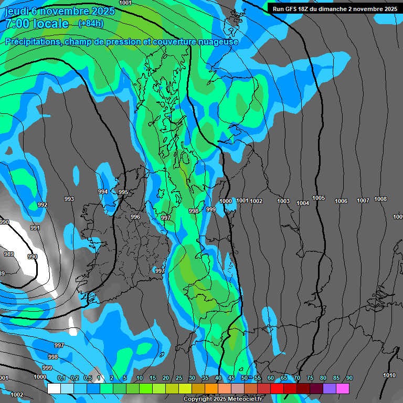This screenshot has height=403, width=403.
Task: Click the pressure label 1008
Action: click(380, 199)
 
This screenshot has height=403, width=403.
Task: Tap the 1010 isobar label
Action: click(389, 375)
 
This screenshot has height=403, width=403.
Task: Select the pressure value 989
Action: click(9, 254)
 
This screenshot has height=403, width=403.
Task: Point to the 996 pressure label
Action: click(135, 217)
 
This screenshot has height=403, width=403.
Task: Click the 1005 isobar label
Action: click(319, 198)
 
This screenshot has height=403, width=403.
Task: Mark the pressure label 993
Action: click(69, 199)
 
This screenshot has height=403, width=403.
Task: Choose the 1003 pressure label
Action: click(283, 201)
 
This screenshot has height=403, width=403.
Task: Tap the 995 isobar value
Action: click(123, 193)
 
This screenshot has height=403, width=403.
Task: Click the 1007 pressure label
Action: click(363, 201)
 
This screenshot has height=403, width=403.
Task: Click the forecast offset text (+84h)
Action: click(91, 24)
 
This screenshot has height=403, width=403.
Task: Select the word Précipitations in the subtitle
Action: click(32, 42)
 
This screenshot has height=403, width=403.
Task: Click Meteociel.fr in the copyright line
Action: click(241, 399)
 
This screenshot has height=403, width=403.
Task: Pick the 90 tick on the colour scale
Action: click(349, 378)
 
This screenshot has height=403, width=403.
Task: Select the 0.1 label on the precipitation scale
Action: click(61, 378)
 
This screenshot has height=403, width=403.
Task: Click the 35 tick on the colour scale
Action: click(205, 378)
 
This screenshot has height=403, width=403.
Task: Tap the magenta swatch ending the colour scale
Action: click(343, 388)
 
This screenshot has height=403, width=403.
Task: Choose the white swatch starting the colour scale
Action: click(54, 388)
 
